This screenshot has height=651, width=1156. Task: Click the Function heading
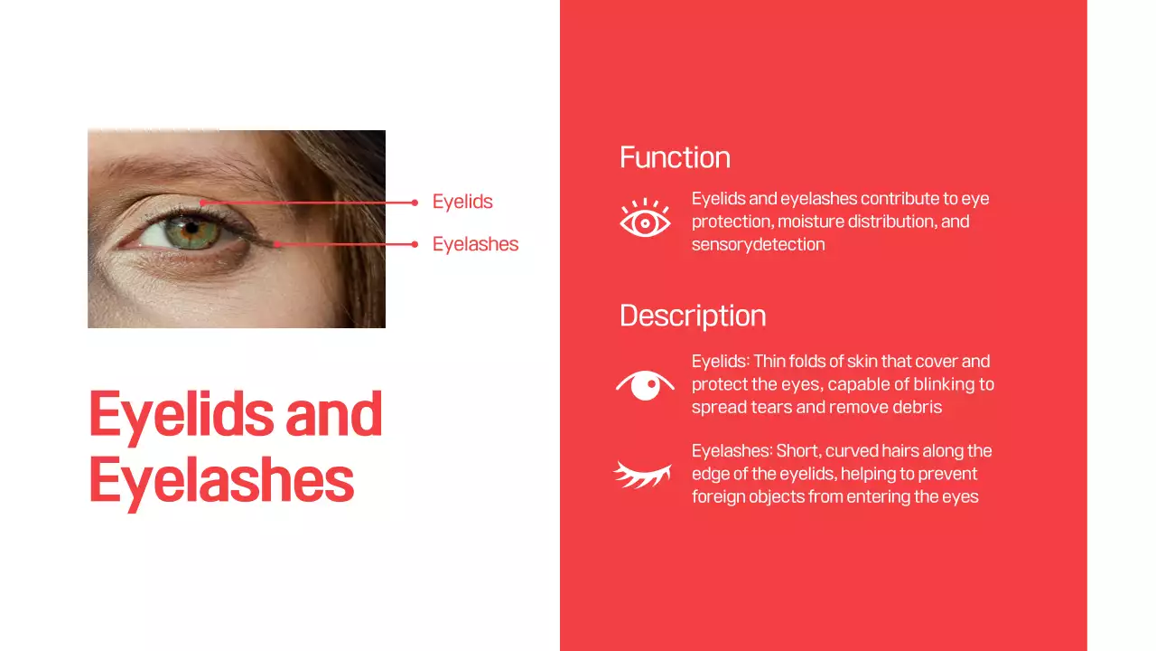(675, 157)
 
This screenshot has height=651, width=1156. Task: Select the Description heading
(693, 316)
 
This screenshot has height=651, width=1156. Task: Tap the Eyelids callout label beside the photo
(462, 202)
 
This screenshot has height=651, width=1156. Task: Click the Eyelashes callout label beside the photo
(475, 244)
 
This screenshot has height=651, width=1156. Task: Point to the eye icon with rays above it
(645, 219)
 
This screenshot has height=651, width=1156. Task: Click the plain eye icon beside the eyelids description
(645, 384)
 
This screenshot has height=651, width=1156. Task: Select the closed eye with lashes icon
(643, 474)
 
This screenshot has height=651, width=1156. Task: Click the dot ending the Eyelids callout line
(415, 203)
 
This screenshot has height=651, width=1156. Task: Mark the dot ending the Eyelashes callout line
(415, 244)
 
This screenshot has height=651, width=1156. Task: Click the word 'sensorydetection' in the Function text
(758, 244)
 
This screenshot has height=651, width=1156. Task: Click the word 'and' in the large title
(333, 414)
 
